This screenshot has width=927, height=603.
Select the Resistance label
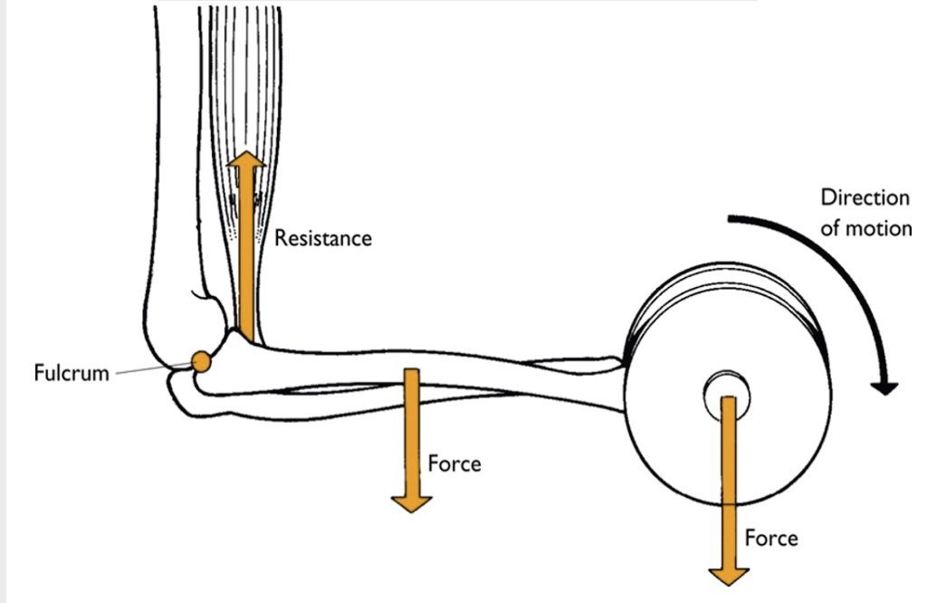323,238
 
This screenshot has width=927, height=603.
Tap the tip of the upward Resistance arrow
245,155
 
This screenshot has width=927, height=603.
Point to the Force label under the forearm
454,464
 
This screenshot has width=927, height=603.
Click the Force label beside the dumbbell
771,538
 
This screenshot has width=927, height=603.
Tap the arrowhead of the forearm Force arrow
411,502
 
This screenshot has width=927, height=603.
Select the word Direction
865,198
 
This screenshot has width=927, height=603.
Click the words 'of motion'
865,227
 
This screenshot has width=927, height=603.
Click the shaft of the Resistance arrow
245,254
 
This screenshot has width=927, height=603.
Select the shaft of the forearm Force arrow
411,426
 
